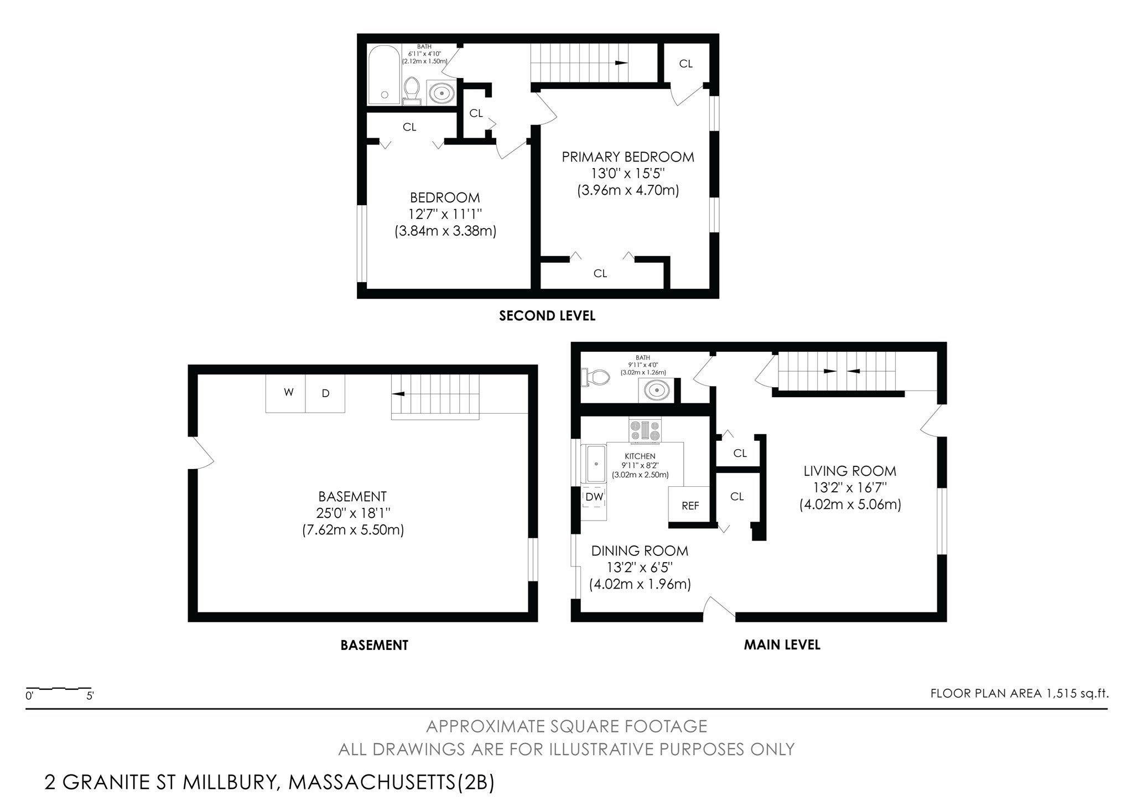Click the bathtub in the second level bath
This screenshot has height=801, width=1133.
tap(384, 75)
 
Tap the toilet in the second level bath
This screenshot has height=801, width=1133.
tap(411, 91)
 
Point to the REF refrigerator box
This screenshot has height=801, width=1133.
tap(689, 504)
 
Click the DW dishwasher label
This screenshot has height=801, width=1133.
tap(594, 497)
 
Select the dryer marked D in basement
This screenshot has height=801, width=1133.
tap(325, 393)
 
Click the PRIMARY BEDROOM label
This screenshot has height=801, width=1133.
tap(628, 157)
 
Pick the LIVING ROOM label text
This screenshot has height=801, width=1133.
tap(850, 471)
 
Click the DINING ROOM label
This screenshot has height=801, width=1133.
tap(640, 551)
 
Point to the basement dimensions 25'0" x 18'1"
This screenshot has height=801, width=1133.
tap(352, 513)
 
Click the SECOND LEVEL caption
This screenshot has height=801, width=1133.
tap(547, 316)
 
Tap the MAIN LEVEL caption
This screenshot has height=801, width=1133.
tap(782, 644)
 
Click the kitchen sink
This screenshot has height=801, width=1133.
tap(596, 464)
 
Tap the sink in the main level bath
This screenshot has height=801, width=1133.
tap(657, 391)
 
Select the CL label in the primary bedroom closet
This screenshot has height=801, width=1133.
tap(600, 273)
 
